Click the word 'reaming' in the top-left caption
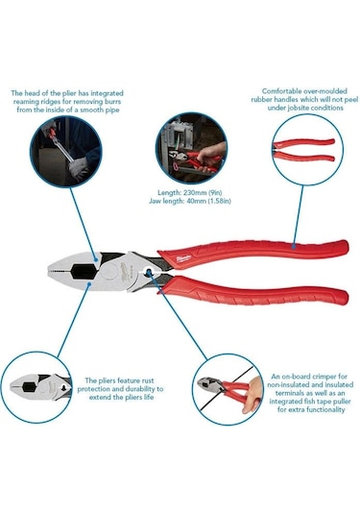[25, 102]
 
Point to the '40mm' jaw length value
[196, 201]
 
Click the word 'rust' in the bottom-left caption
[148, 380]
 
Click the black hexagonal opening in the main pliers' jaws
[84, 272]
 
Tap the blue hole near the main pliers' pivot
[149, 272]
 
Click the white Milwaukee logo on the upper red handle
[183, 259]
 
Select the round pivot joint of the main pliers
[109, 272]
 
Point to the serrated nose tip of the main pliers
[53, 272]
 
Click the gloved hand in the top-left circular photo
[79, 168]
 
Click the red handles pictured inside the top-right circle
[303, 150]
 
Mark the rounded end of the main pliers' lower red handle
[344, 297]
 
